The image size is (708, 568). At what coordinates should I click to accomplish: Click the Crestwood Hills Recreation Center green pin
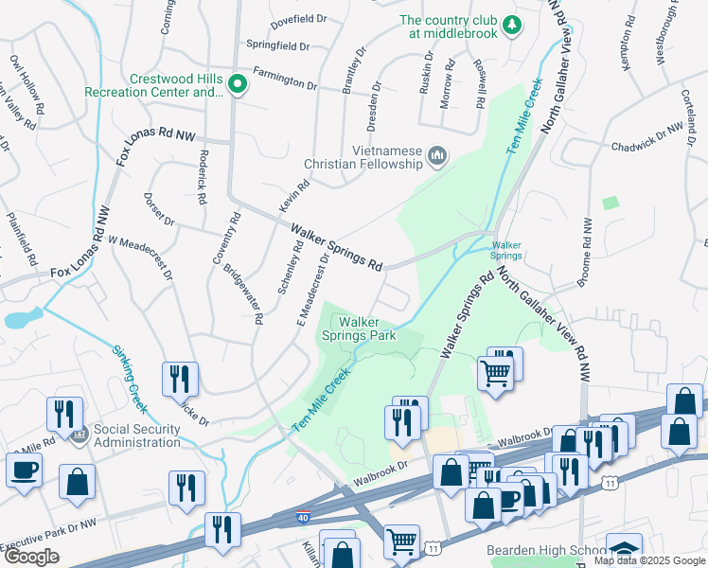click(237, 86)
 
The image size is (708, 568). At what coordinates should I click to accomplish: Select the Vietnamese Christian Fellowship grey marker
click(437, 156)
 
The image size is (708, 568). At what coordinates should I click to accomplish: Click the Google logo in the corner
click(30, 557)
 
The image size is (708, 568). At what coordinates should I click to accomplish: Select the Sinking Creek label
click(130, 379)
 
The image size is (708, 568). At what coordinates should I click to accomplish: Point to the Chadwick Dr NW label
click(646, 138)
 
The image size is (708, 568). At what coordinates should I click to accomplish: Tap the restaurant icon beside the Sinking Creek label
click(179, 380)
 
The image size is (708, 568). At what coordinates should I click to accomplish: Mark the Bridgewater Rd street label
click(242, 293)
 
